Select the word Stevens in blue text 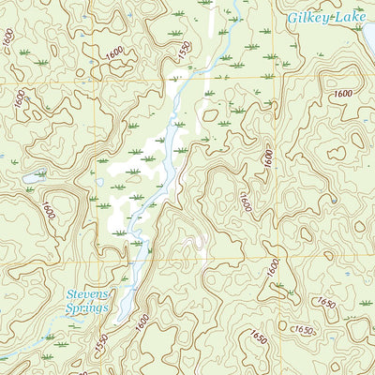pos(87,294)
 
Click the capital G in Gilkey pos(292,18)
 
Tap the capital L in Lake pos(337,17)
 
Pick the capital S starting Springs pos(69,307)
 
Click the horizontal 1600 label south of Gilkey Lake pos(342,94)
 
